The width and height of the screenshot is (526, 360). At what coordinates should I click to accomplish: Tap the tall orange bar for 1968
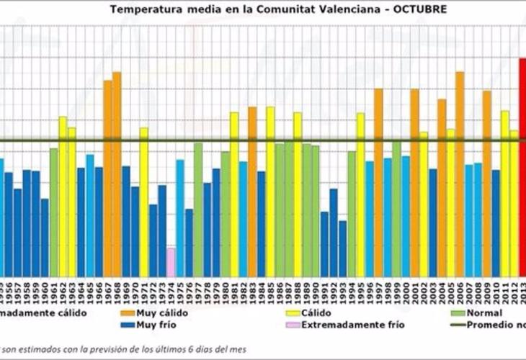pyautogui.click(x=117, y=173)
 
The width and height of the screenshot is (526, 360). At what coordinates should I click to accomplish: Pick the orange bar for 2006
pyautogui.click(x=460, y=173)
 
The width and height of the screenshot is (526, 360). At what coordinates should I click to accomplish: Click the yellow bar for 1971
pyautogui.click(x=144, y=202)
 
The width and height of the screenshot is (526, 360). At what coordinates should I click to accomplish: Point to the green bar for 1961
pyautogui.click(x=53, y=212)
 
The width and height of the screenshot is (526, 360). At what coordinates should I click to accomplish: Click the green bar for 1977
pyautogui.click(x=198, y=209)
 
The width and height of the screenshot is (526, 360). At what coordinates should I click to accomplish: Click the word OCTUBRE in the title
pyautogui.click(x=415, y=9)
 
